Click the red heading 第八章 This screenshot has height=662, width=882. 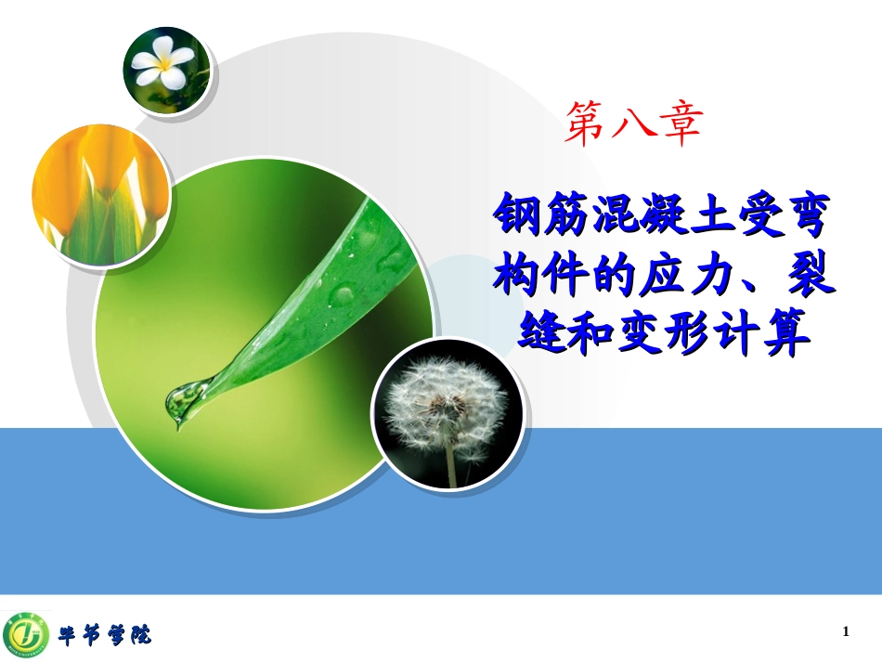pos(634,125)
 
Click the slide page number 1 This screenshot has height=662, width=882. pos(845,632)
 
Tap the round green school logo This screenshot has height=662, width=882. pos(27,634)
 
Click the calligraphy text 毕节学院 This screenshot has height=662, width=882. pos(104,635)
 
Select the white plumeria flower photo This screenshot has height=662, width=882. pos(167,70)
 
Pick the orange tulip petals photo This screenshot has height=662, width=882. pos(100,196)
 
